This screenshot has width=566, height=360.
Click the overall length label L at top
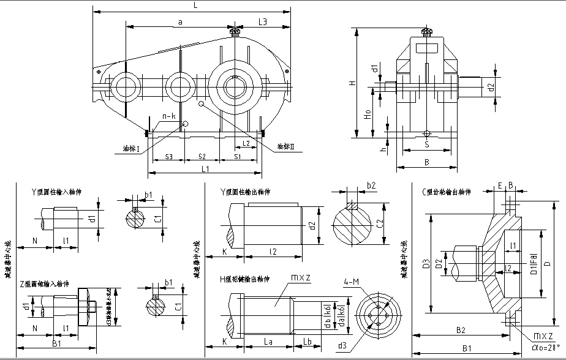(x=194, y=4)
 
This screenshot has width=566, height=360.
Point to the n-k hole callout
(x=168, y=116)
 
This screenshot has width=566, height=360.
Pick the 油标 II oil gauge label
(x=286, y=147)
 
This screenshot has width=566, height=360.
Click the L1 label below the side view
(x=206, y=168)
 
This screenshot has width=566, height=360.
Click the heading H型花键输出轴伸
(x=246, y=279)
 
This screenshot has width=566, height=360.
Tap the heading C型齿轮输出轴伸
(x=447, y=192)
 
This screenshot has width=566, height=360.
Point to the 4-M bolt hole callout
(x=352, y=282)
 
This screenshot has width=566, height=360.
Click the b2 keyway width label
(x=371, y=185)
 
